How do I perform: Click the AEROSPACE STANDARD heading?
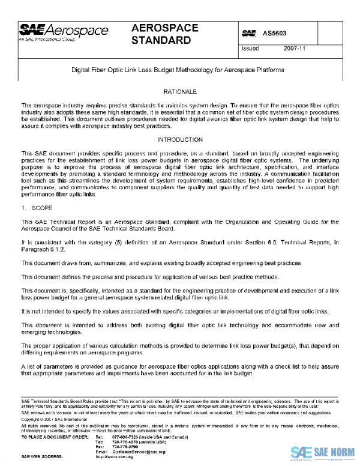pos(161,34)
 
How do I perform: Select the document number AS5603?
pos(277,31)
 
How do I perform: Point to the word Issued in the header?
pos(250,49)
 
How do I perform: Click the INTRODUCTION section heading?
pos(180,139)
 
